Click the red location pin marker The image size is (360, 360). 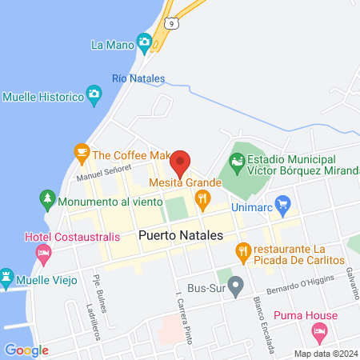click(x=180, y=162)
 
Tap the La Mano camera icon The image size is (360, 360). click(x=144, y=42)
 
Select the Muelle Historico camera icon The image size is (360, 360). click(x=94, y=97)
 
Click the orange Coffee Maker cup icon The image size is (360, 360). click(x=81, y=150)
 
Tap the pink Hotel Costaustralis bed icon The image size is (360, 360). click(x=43, y=253)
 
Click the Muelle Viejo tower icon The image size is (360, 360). click(x=7, y=278)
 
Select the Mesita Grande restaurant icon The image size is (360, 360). click(x=203, y=198)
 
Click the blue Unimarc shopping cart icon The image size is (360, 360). click(x=281, y=204)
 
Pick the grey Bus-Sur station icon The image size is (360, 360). click(x=235, y=289)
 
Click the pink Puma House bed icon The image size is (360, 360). click(x=318, y=330)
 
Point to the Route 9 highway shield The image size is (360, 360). click(x=170, y=24)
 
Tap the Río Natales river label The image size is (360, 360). click(x=138, y=78)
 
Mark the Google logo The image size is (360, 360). click(x=26, y=350)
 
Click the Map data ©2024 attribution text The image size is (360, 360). click(x=326, y=353)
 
